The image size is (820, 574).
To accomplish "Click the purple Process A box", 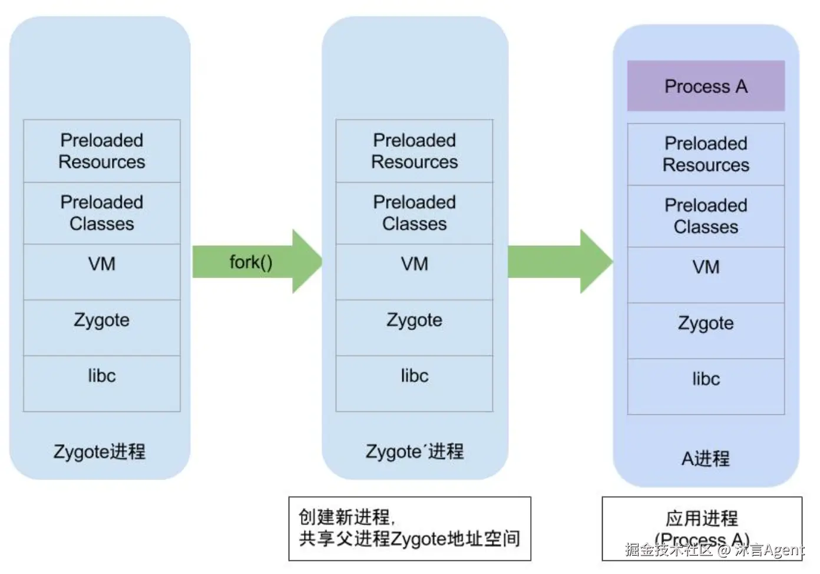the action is [x=706, y=86].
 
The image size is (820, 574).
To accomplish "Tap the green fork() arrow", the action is [x=257, y=262].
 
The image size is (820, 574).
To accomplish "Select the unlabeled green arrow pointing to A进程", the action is [x=560, y=262].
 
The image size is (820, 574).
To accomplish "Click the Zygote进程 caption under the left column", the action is [x=100, y=451].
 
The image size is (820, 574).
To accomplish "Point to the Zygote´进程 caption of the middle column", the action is [x=415, y=451].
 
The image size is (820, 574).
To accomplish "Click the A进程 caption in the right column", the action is [x=705, y=458].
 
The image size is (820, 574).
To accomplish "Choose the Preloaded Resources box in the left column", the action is [x=102, y=151].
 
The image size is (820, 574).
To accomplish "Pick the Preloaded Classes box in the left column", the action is [x=102, y=213].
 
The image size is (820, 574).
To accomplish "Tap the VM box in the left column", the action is [x=102, y=272].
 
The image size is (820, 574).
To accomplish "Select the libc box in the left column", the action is [x=102, y=384].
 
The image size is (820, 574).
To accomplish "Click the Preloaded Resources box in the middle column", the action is [x=414, y=151].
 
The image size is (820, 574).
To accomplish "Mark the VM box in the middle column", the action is [x=414, y=272].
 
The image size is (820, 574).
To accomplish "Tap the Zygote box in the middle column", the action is [x=414, y=328].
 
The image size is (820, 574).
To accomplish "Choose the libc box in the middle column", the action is [x=414, y=384].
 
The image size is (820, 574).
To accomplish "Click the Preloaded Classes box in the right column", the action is [x=706, y=216].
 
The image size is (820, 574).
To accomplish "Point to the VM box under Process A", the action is [x=706, y=275].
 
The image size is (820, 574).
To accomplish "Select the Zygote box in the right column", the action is [x=706, y=331].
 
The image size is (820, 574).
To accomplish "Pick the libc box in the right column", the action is [x=706, y=387].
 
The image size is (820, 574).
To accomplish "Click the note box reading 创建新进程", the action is [x=409, y=529].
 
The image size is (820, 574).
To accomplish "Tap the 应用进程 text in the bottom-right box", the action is [x=702, y=518].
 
